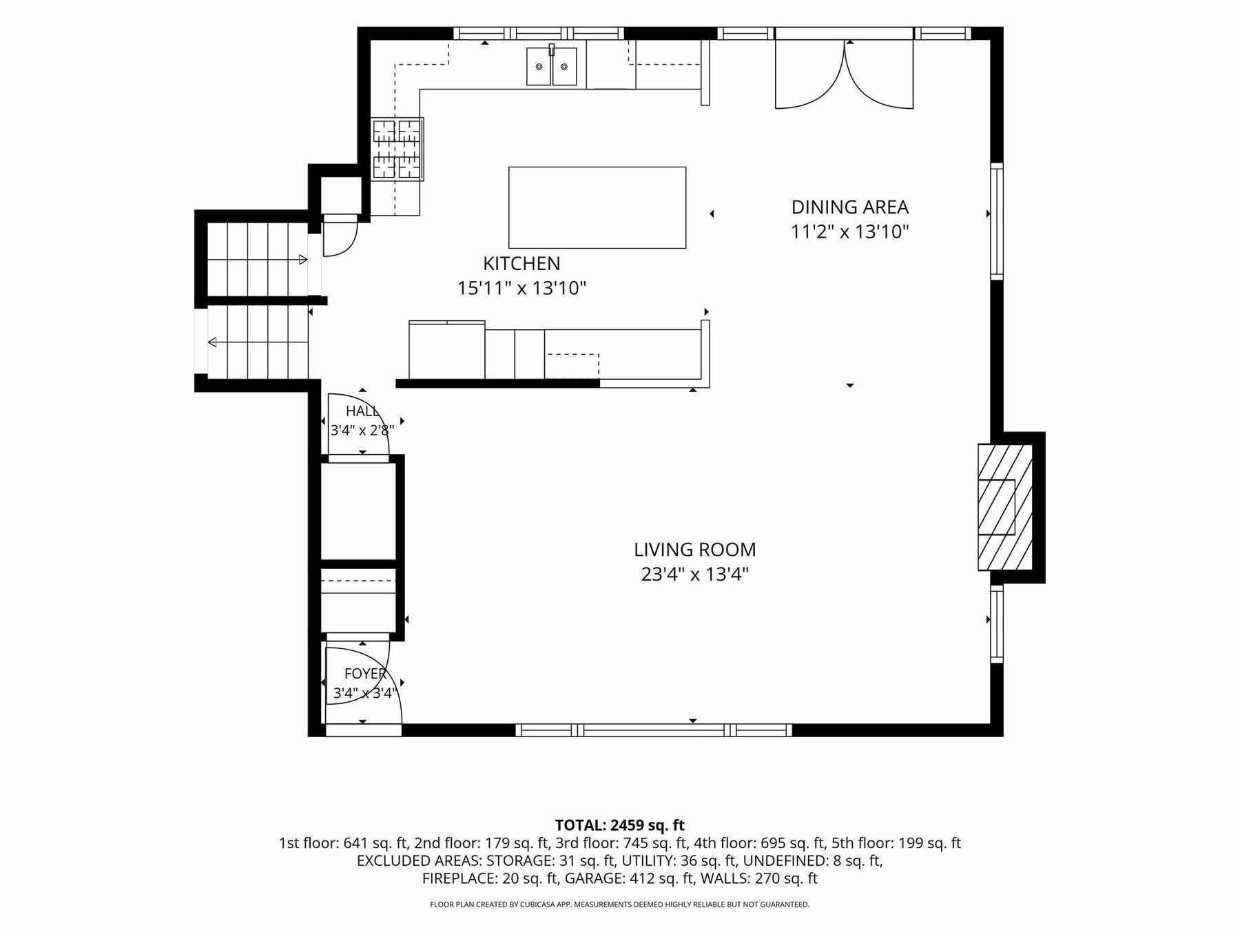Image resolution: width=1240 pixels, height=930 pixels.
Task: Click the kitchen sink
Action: tap(552, 66)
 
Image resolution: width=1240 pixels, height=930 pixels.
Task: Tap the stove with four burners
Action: tap(397, 149)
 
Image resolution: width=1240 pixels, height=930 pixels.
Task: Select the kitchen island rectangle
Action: tap(597, 207)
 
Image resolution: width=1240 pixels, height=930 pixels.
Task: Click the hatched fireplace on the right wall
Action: tap(1005, 507)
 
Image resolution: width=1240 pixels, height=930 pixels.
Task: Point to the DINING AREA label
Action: tap(849, 207)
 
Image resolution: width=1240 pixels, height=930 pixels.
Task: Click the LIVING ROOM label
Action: tap(694, 550)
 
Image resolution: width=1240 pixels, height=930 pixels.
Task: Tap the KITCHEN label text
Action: tap(521, 263)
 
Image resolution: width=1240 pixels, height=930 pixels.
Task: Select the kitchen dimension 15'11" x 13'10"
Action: tap(521, 288)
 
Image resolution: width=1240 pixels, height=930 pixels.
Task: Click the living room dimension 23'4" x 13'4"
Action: tap(694, 574)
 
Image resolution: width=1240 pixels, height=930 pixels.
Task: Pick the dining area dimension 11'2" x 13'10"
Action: tap(849, 231)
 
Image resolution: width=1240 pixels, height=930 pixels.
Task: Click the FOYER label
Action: tap(365, 674)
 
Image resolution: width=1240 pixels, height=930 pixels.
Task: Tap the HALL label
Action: tap(362, 411)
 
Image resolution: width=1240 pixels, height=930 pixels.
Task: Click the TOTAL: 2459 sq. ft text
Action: tap(620, 825)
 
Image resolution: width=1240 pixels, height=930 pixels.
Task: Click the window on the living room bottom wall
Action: tap(654, 730)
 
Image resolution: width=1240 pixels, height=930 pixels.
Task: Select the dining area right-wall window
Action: tap(997, 221)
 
